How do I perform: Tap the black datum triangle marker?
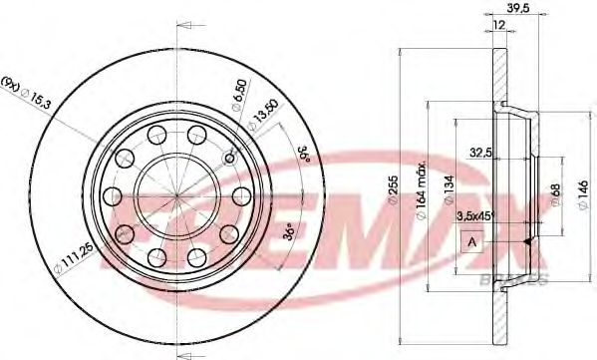pyautogui.click(x=524, y=242)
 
